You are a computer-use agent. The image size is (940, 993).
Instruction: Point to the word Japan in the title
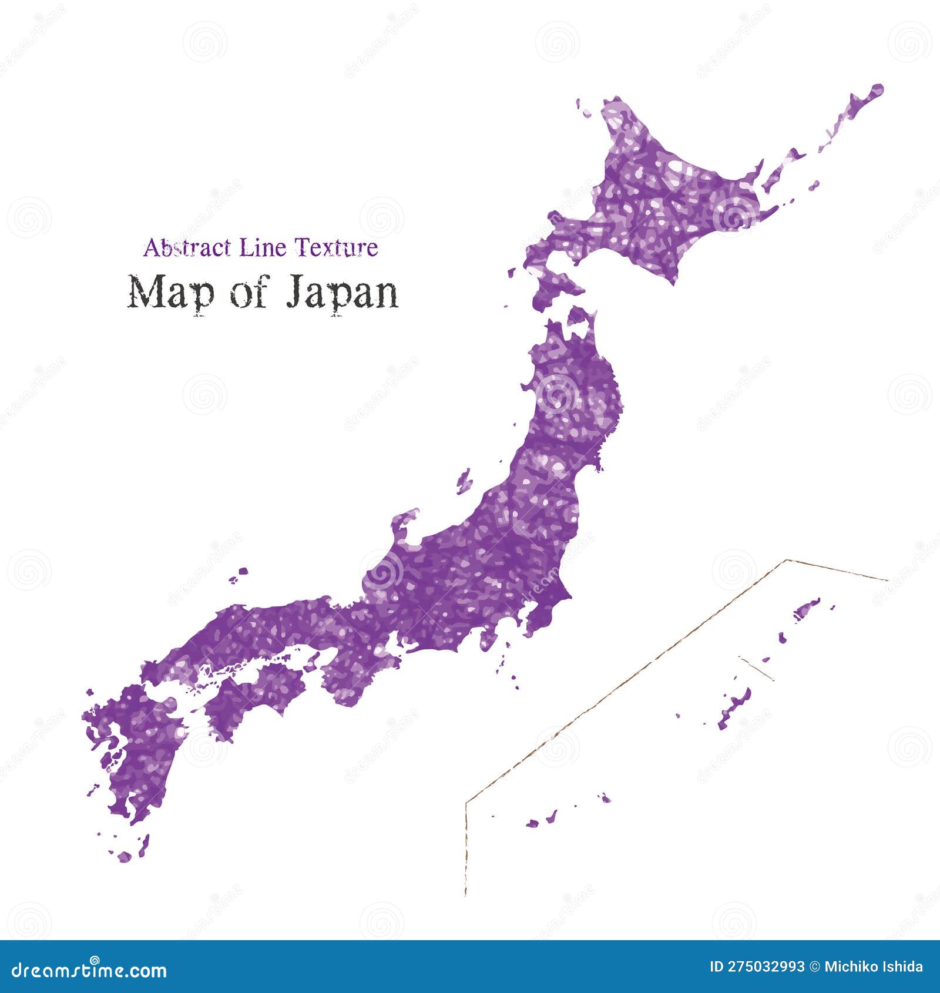tap(343, 293)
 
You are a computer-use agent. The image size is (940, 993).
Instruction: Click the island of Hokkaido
tap(658, 200)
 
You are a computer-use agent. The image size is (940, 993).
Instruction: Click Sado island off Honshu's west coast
tap(465, 482)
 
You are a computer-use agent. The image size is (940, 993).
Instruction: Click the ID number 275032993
tap(757, 967)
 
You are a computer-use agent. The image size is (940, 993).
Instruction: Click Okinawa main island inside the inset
tap(734, 708)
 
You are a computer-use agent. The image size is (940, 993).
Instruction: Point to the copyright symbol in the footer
tap(814, 967)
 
